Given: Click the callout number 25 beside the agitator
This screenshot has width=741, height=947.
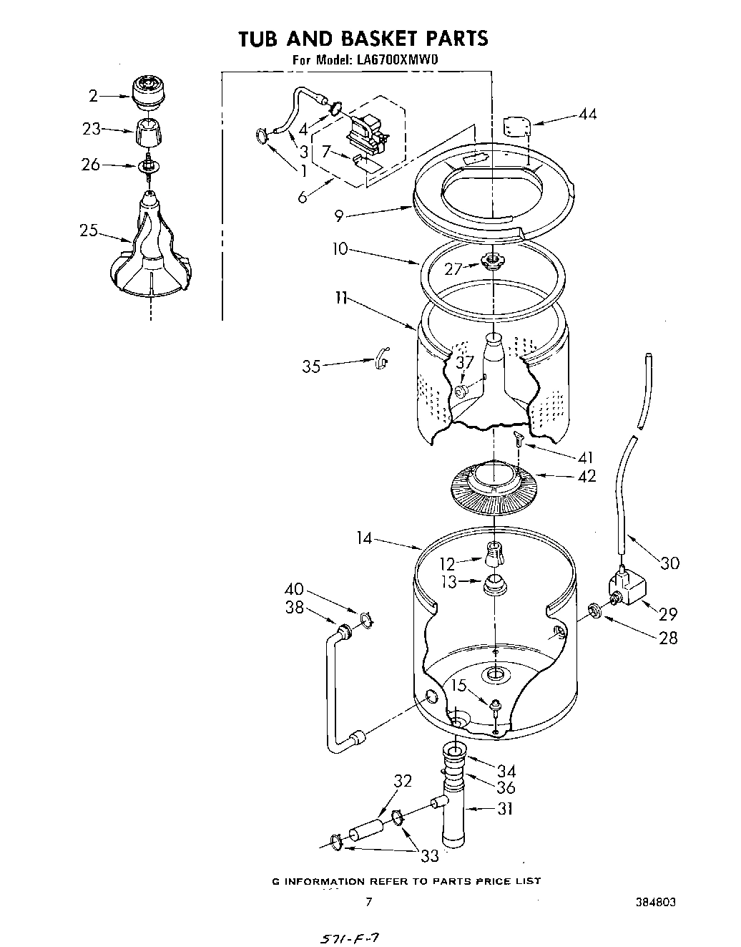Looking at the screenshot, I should tap(88, 230).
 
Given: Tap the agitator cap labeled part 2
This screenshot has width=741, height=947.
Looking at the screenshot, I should tap(149, 91).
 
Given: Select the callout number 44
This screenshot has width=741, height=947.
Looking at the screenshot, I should tap(587, 115).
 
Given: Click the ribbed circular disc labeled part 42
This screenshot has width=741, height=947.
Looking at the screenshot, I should tap(493, 486).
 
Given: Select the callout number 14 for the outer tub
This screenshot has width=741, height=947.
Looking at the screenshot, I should tap(365, 538).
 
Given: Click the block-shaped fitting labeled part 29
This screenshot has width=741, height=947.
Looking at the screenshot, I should tap(625, 589).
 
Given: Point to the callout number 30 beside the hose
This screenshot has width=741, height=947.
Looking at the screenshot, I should tap(669, 563).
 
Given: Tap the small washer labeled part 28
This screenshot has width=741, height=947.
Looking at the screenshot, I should tap(594, 610).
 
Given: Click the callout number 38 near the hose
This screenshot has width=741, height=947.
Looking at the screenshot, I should tap(294, 607).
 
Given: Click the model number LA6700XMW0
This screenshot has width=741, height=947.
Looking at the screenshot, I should tap(396, 61).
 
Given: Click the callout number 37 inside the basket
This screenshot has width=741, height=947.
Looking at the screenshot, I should tap(465, 362).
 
